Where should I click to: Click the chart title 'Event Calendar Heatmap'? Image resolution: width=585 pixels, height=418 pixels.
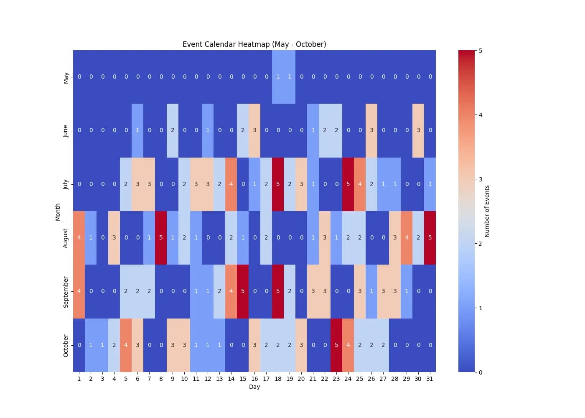tap(254, 44)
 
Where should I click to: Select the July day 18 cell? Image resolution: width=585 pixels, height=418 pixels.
tap(278, 184)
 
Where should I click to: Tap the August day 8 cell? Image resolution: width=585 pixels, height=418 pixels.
tap(161, 237)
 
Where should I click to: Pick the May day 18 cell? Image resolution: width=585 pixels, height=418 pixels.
tap(278, 77)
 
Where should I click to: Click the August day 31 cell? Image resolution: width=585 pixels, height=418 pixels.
tap(430, 237)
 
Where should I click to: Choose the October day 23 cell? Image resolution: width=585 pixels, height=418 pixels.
tap(336, 345)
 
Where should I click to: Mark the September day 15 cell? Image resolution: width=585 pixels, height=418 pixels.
tap(243, 291)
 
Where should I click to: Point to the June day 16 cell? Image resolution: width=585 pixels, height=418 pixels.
tap(254, 130)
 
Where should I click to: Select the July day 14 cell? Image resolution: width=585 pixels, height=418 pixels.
tap(231, 184)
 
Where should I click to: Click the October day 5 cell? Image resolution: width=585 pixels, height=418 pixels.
tap(126, 345)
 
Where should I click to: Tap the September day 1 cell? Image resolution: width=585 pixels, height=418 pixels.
tap(79, 291)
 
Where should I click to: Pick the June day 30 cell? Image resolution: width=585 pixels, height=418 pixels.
tap(418, 130)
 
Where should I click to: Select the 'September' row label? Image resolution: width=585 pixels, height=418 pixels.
tap(66, 292)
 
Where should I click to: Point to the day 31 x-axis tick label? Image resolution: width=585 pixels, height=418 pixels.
tap(430, 379)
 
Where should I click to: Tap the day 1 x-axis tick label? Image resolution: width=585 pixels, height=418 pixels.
tap(79, 379)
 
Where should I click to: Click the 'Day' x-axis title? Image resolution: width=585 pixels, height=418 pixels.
tap(254, 387)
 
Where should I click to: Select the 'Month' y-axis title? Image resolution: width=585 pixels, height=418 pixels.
tap(58, 212)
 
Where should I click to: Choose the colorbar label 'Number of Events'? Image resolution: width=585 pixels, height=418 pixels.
tap(487, 212)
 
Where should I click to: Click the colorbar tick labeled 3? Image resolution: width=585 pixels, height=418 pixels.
tap(481, 179)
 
